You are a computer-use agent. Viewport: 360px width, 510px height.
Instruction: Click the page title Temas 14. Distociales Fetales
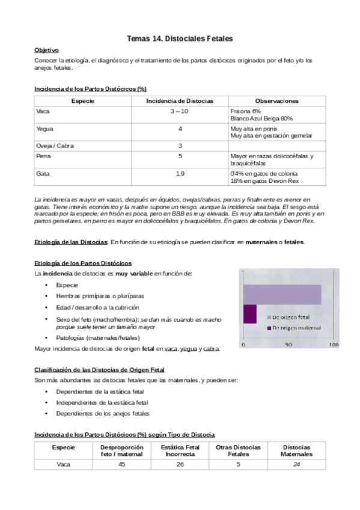[x=180, y=38]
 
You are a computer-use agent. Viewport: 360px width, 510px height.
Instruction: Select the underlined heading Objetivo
[x=46, y=51]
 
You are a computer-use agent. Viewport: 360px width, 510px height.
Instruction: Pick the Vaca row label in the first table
[x=43, y=111]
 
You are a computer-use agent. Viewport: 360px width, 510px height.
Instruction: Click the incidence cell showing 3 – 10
[x=180, y=111]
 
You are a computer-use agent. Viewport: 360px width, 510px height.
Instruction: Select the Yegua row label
[x=44, y=129]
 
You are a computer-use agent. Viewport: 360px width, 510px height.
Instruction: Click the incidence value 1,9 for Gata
[x=180, y=174]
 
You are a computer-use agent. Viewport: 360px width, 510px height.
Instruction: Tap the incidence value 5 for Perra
[x=180, y=156]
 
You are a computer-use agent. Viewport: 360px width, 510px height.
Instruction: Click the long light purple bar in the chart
[x=281, y=293]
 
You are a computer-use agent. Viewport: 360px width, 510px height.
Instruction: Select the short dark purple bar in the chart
[x=249, y=315]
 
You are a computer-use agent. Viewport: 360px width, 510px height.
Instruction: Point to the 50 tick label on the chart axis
[x=288, y=345]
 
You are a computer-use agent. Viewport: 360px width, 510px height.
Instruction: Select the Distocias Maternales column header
[x=296, y=451]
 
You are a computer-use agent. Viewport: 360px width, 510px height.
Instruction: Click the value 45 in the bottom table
[x=122, y=464]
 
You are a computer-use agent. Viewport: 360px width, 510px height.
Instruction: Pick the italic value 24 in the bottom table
[x=296, y=464]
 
